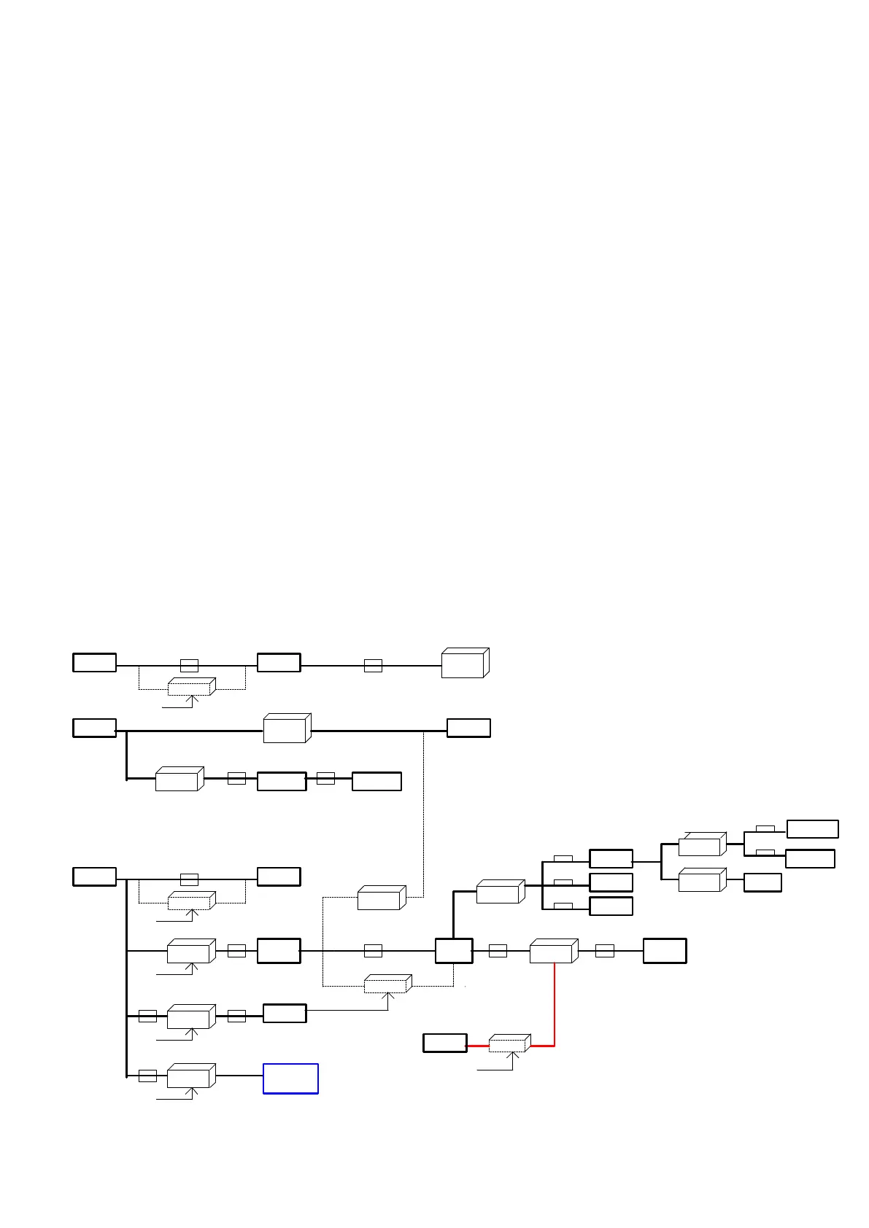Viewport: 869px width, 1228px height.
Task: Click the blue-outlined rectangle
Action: tap(290, 1079)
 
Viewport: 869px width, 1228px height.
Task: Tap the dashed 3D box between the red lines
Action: tap(509, 1044)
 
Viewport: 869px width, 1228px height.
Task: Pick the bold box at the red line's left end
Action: tap(445, 1043)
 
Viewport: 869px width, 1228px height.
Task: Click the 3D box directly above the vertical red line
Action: tap(552, 951)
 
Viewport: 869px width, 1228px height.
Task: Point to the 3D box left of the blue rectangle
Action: tap(190, 1076)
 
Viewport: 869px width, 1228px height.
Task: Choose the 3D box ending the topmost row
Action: tap(464, 663)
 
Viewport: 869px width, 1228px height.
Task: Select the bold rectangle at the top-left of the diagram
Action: tap(95, 662)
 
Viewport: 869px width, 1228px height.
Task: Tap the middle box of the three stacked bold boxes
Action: tap(611, 882)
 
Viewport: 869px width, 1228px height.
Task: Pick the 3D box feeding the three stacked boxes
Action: tap(500, 891)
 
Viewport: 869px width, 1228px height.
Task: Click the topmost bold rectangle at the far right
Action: tap(812, 829)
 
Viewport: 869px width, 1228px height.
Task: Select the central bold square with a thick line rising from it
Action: tap(454, 951)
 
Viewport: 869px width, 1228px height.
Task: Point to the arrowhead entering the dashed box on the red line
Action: tap(513, 1054)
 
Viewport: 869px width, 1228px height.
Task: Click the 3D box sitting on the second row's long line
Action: tap(286, 728)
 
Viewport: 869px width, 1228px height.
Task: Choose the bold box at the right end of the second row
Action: tap(468, 728)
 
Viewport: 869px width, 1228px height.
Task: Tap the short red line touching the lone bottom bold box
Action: tap(478, 1046)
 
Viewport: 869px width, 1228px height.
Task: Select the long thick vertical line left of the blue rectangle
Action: tap(127, 977)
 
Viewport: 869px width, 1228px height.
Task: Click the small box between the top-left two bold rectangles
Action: tap(189, 665)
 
